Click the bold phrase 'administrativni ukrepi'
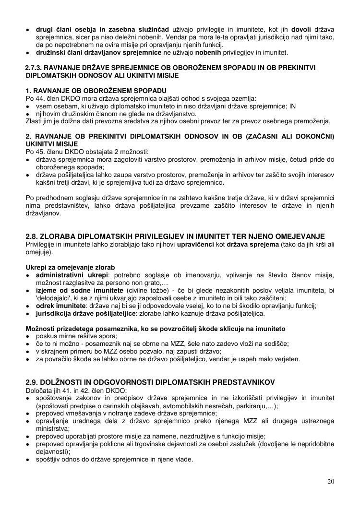click(x=66, y=275)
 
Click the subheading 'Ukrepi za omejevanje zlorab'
click(x=70, y=267)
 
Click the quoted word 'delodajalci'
click(x=54, y=298)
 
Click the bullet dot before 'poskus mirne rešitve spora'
click(x=29, y=336)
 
